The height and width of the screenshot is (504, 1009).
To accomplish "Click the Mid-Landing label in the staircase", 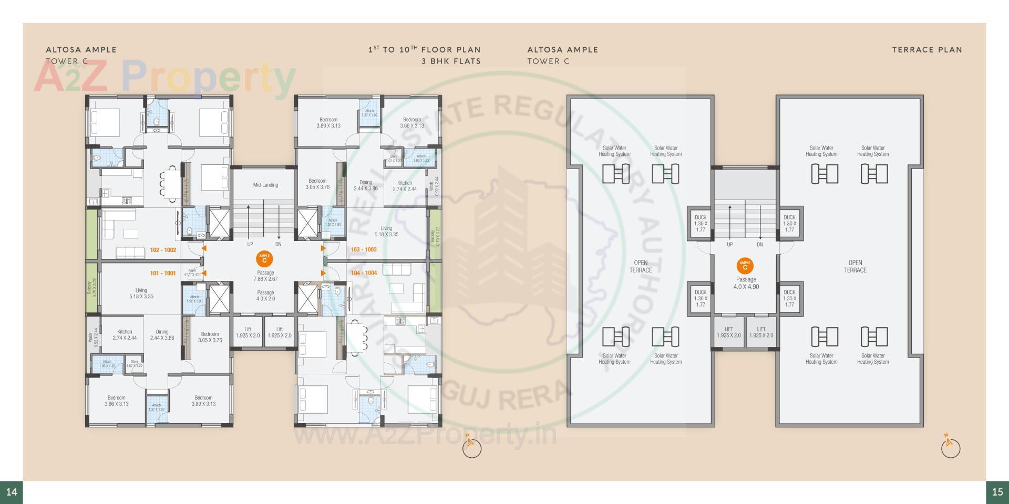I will click(x=265, y=185).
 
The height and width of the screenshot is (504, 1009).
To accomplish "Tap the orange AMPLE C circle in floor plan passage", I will click(x=264, y=259).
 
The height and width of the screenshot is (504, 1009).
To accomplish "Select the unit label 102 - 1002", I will click(x=163, y=250).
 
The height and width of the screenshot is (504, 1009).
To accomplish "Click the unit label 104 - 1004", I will click(x=364, y=273).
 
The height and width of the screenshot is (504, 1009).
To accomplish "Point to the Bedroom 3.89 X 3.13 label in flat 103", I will click(x=328, y=123).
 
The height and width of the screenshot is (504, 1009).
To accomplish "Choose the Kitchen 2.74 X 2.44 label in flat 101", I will click(x=125, y=335).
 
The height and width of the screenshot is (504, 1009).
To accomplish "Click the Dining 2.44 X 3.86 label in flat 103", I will click(x=366, y=185).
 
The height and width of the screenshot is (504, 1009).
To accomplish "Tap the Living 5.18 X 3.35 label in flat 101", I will click(x=141, y=293).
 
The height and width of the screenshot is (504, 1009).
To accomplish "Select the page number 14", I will click(x=12, y=492).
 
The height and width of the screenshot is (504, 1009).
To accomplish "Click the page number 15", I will click(x=997, y=492).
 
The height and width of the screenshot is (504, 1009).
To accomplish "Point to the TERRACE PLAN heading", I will click(x=926, y=50).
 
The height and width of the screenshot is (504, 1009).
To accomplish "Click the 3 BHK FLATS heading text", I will click(x=451, y=61).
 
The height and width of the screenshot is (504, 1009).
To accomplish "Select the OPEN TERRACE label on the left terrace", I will click(x=641, y=267).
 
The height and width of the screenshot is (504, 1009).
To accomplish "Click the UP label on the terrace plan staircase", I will click(x=729, y=245).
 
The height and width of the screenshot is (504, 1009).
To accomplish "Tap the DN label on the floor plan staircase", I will click(x=278, y=245).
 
